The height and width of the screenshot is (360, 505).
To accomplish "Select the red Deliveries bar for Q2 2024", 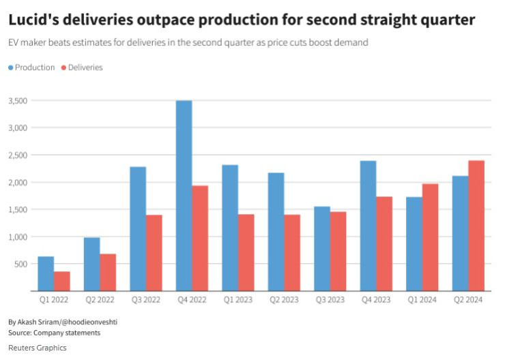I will [476, 226].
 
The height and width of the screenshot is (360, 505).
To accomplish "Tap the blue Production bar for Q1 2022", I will [46, 273].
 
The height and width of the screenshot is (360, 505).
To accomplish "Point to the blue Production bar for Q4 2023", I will [368, 226].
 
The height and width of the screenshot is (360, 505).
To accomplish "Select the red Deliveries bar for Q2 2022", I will [108, 272].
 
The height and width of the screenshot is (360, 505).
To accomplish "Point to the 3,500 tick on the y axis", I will [18, 101].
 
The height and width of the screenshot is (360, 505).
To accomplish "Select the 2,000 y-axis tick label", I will [18, 182].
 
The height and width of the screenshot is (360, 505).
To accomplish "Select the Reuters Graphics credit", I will [37, 348].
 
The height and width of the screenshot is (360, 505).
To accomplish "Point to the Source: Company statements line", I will [54, 333].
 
